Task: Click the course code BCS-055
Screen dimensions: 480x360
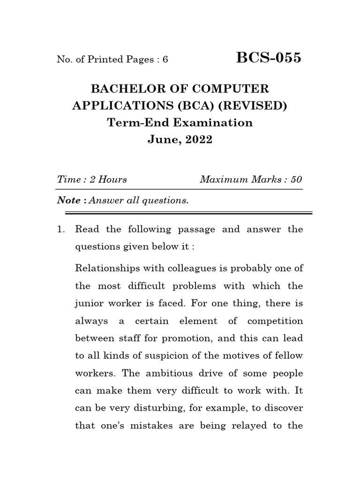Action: point(269,59)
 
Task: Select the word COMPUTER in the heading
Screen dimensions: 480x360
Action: point(229,88)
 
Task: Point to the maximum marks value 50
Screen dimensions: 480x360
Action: point(296,180)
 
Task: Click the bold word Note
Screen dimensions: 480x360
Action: point(69,201)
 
